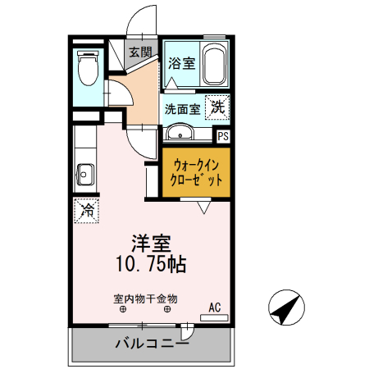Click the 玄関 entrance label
tap(140, 52)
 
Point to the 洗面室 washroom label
tap(182, 107)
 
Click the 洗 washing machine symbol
tap(218, 107)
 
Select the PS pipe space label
tap(222, 137)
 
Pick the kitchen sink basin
tap(84, 174)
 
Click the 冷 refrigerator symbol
tap(85, 210)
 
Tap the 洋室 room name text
tap(152, 244)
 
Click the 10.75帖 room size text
tap(152, 264)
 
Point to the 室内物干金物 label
tap(145, 298)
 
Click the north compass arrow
tap(284, 308)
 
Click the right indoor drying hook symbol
tap(168, 310)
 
